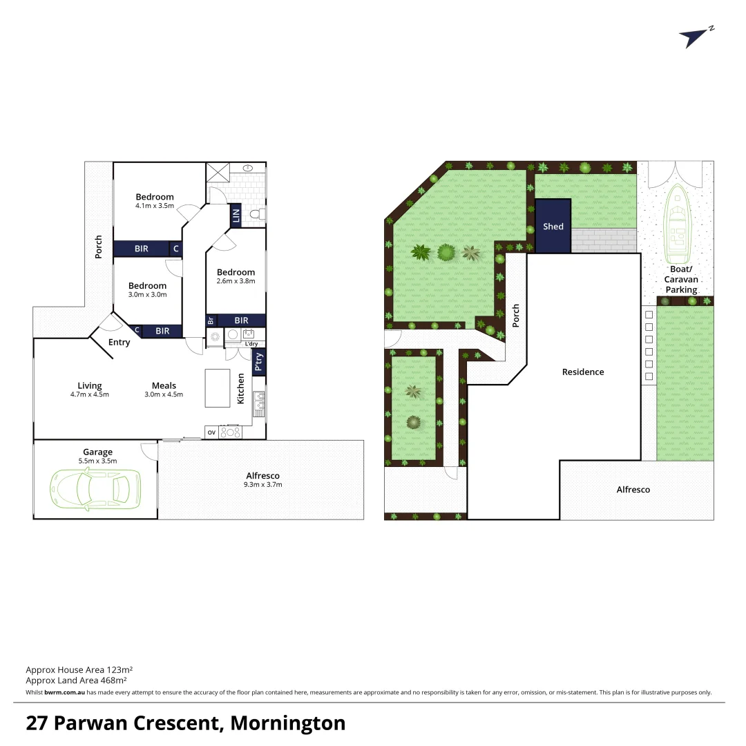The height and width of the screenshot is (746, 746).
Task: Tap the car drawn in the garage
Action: coord(95,488)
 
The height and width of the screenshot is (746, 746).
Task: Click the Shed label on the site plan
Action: coord(553,227)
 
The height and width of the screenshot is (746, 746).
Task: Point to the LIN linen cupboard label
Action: coord(236,216)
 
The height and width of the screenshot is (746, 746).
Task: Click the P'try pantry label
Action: coord(259,362)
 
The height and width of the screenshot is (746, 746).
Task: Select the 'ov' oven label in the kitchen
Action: coord(211,432)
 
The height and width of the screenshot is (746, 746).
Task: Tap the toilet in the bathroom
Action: coord(256,216)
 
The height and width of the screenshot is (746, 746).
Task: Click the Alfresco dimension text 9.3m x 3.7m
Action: coord(263,485)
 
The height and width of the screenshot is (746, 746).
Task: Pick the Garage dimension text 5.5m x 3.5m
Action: coord(97,461)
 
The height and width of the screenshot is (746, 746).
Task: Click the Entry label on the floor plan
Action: coord(119,343)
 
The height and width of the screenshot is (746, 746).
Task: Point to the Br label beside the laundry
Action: coord(211,321)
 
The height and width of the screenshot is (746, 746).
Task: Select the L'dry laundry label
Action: coord(251,343)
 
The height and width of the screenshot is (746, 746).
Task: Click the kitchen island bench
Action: coord(217,388)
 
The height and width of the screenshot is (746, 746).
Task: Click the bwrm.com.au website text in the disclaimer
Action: coord(64,692)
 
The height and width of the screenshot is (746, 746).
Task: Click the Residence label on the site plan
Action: coord(582,372)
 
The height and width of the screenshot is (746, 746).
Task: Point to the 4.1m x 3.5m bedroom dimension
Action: coord(155,206)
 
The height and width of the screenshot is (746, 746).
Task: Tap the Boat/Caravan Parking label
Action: coord(682,280)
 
